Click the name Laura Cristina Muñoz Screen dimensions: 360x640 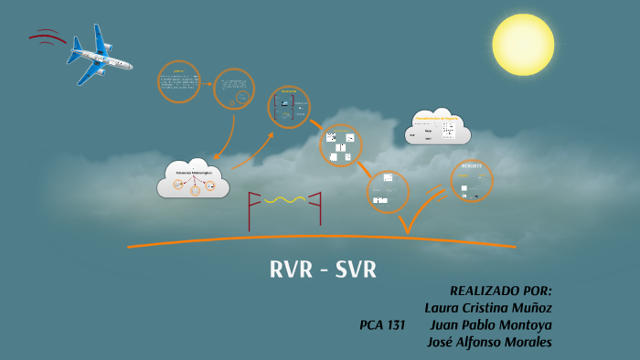tap(488, 307)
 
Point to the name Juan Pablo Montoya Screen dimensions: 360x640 tap(490, 324)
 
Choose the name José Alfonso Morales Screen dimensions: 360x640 tap(490, 342)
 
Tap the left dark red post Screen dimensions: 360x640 tap(251, 210)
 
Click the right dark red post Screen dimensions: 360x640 tap(319, 209)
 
